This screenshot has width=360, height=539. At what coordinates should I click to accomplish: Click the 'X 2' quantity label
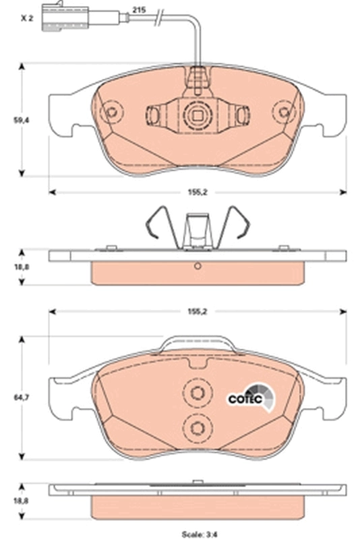[26, 19]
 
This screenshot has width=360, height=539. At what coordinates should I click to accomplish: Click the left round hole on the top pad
[112, 113]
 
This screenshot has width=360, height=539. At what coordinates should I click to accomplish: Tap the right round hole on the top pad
[286, 113]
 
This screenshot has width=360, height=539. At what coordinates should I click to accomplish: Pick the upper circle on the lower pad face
[198, 395]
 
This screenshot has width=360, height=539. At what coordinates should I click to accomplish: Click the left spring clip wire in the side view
[155, 222]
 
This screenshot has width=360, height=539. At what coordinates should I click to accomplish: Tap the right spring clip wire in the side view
[239, 222]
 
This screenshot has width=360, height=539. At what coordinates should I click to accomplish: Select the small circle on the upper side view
[198, 265]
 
